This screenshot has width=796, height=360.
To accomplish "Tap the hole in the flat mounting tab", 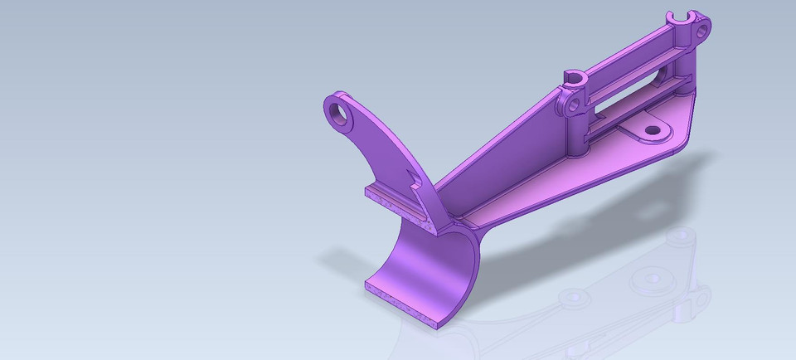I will click(x=652, y=130).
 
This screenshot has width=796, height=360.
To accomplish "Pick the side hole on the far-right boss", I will click(x=703, y=31).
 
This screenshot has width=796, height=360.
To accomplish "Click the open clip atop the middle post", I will click(x=575, y=78).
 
